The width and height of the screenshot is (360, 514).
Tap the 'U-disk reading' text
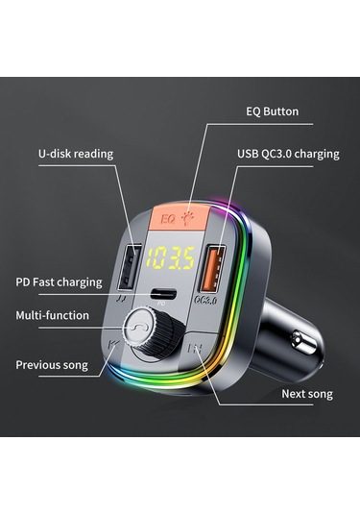[76, 153]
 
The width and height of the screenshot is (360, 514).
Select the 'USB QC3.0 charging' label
[287, 153]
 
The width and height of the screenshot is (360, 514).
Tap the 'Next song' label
[307, 394]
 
